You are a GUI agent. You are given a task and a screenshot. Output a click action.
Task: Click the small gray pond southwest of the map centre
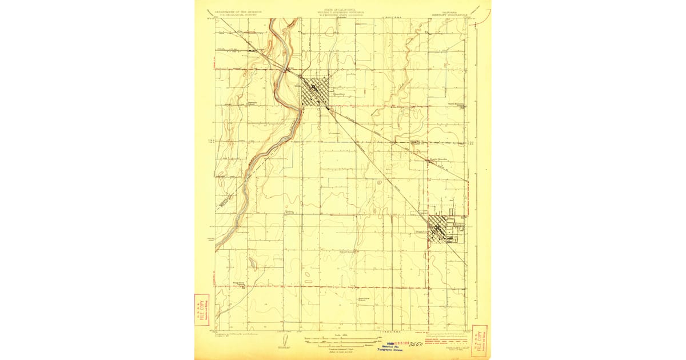(x=309, y=274)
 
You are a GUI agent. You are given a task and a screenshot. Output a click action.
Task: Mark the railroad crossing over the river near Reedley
(x=286, y=70)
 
